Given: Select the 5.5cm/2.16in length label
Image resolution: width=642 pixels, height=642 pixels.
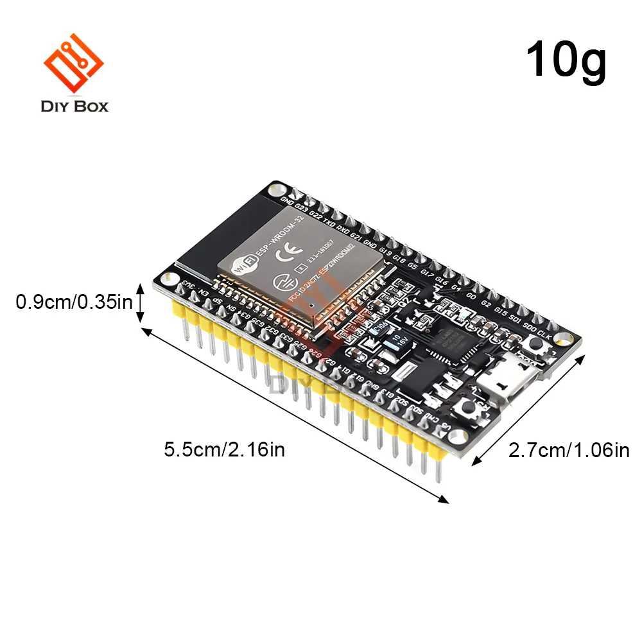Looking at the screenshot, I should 224,449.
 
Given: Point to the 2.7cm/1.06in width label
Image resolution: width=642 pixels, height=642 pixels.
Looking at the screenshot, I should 569,451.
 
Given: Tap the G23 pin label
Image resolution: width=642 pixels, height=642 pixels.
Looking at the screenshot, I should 302,208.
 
